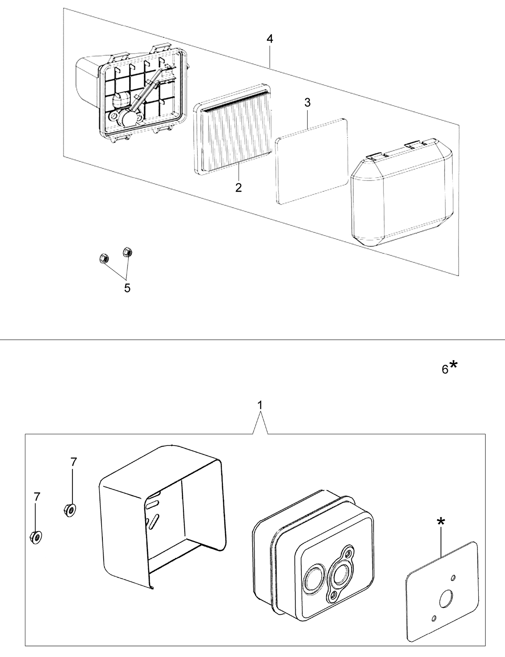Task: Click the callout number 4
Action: click(270, 39)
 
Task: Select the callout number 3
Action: click(307, 103)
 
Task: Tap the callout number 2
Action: click(239, 188)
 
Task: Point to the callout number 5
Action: click(127, 288)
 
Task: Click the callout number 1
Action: click(260, 405)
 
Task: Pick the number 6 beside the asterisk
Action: click(445, 369)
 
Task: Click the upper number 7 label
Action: click(74, 462)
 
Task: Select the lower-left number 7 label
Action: click(37, 496)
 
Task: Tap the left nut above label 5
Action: click(104, 259)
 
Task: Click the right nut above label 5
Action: click(127, 252)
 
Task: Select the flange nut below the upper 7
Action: click(70, 510)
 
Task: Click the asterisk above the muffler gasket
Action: click(441, 521)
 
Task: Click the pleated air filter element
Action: click(232, 129)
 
